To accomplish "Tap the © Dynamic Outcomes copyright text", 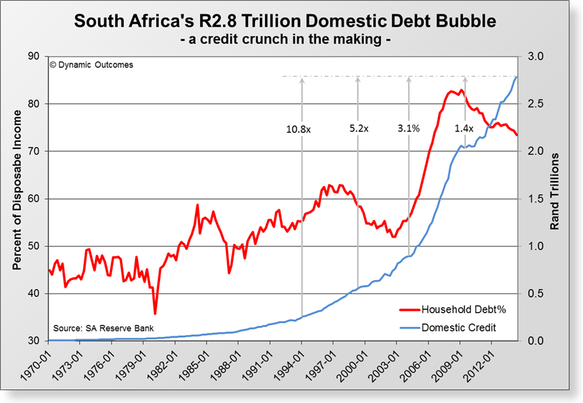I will pyautogui.click(x=91, y=65).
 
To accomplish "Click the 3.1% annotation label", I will pyautogui.click(x=408, y=129).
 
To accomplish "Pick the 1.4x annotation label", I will pyautogui.click(x=464, y=129).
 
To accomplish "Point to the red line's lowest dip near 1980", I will pyautogui.click(x=155, y=313).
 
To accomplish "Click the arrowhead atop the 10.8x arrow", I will pyautogui.click(x=302, y=79).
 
